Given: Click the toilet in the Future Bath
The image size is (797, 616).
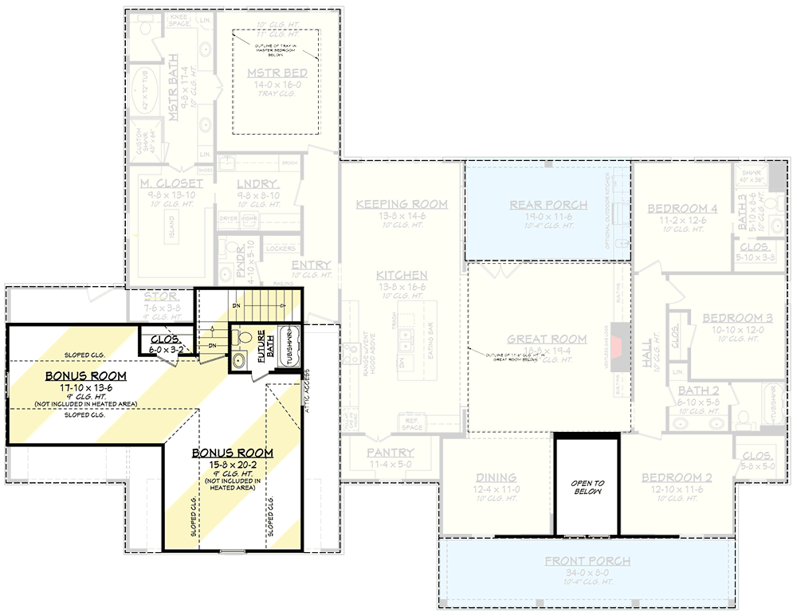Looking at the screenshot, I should [244, 338].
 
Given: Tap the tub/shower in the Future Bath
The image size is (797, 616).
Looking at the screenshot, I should [288, 348].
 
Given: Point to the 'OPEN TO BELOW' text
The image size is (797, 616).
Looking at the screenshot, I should [587, 488].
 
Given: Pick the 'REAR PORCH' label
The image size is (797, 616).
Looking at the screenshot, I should [548, 205].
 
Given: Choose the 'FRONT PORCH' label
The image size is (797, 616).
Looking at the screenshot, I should [587, 561].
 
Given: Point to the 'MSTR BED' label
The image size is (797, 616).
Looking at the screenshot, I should [277, 73].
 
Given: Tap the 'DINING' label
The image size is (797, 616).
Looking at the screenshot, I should [496, 477].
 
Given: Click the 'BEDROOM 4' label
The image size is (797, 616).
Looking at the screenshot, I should [682, 209].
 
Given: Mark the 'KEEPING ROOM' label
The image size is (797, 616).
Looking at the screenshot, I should [402, 204].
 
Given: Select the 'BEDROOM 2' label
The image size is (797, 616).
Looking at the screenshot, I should [677, 477].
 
